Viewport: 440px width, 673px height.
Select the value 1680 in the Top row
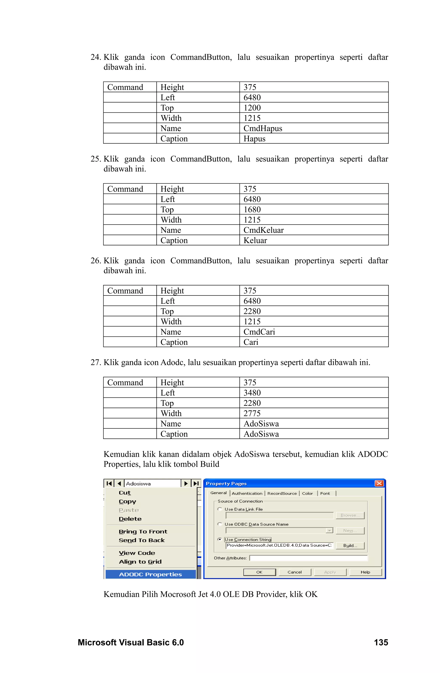pyautogui.click(x=252, y=210)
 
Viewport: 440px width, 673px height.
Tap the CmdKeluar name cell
pyautogui.click(x=263, y=230)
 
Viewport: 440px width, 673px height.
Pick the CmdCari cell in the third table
pyautogui.click(x=259, y=332)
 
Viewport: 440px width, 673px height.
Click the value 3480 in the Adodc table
pyautogui.click(x=252, y=393)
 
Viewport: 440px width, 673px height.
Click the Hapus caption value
pyautogui.click(x=254, y=139)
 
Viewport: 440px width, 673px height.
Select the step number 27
pyautogui.click(x=96, y=363)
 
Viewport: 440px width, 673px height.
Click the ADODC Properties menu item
pyautogui.click(x=150, y=574)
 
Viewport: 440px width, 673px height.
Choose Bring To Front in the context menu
pyautogui.click(x=143, y=532)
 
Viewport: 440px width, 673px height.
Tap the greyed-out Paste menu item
pyautogui.click(x=129, y=510)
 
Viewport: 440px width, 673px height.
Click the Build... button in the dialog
pyautogui.click(x=350, y=546)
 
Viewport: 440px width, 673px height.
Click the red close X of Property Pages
pyautogui.click(x=379, y=483)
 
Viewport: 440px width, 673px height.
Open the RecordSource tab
pyautogui.click(x=282, y=493)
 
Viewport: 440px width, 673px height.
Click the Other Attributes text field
pyautogui.click(x=308, y=558)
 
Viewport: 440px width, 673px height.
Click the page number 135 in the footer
pyautogui.click(x=381, y=642)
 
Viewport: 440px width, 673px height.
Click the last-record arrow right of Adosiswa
pyautogui.click(x=196, y=483)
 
